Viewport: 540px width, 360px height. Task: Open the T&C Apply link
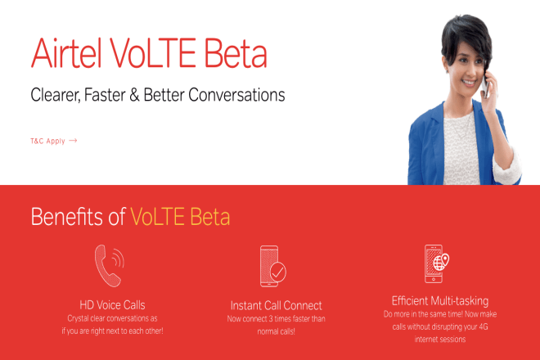47,141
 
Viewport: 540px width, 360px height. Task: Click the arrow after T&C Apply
73,141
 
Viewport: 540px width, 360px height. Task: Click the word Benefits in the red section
68,217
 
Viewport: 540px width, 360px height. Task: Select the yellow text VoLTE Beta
180,217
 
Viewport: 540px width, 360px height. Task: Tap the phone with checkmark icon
272,265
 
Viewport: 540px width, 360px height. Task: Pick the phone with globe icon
435,263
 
